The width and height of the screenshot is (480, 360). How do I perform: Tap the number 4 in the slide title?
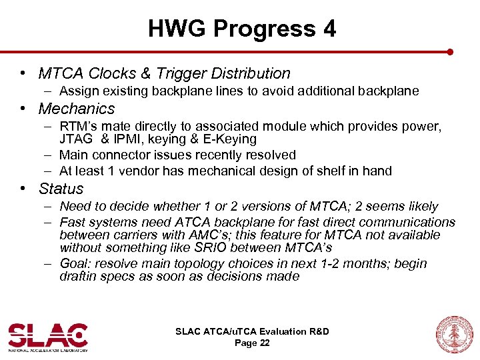pos(329,29)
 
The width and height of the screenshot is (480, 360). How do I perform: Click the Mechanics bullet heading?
pos(77,109)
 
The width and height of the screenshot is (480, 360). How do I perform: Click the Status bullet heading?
pos(61,189)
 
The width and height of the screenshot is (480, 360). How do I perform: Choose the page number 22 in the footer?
pos(264,343)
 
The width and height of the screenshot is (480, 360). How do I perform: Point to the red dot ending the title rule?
pos(451,51)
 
